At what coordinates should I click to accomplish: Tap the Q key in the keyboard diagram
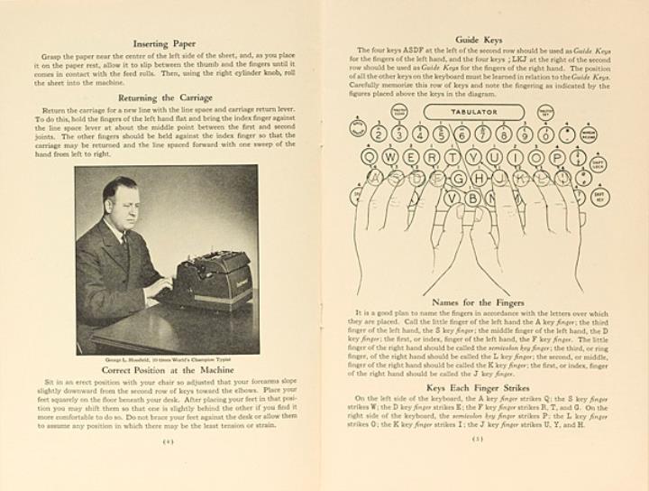pyautogui.click(x=366, y=155)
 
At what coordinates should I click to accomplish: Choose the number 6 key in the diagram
pyautogui.click(x=462, y=135)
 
